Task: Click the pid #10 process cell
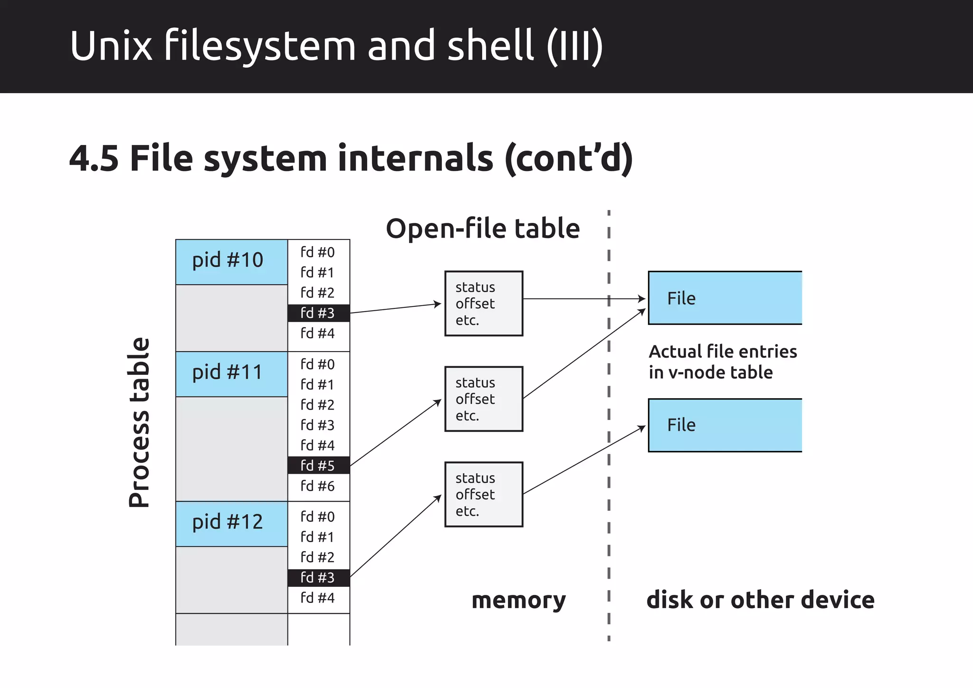[x=231, y=262]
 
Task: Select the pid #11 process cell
[x=231, y=374]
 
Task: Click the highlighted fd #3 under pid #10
[x=318, y=313]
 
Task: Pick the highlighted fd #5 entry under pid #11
[x=318, y=466]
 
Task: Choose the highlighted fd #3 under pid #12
[x=318, y=578]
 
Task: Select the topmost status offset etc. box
[x=484, y=304]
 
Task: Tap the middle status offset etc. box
[x=484, y=399]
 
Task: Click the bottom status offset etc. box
[x=484, y=495]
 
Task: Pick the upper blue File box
[x=725, y=298]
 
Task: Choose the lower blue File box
[x=725, y=425]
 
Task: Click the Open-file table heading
[x=483, y=229]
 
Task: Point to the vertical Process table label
[x=139, y=422]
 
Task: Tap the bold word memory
[x=518, y=600]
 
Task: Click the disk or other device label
[x=760, y=600]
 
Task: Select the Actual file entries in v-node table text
[x=722, y=362]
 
